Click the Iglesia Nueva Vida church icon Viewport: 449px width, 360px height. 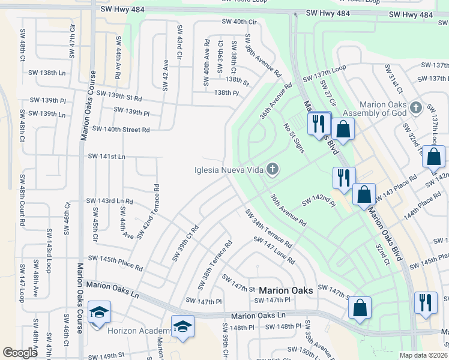pyautogui.click(x=273, y=169)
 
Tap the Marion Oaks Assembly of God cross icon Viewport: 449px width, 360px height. pyautogui.click(x=416, y=109)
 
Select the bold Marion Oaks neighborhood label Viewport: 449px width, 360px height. pyautogui.click(x=286, y=290)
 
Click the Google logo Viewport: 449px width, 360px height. pyautogui.click(x=20, y=353)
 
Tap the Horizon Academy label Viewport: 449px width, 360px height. pyautogui.click(x=138, y=331)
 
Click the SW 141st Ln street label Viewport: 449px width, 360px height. pyautogui.click(x=107, y=157)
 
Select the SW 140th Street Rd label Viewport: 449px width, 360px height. pyautogui.click(x=121, y=129)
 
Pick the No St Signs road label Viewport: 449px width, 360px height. pyautogui.click(x=294, y=138)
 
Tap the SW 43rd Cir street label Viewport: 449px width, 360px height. pyautogui.click(x=179, y=42)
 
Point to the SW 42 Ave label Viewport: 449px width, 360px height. pyautogui.click(x=166, y=75)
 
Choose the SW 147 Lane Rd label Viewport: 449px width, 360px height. pyautogui.click(x=274, y=251)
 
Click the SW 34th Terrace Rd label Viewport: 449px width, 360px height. pyautogui.click(x=268, y=229)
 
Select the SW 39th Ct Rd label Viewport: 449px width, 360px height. pyautogui.click(x=185, y=243)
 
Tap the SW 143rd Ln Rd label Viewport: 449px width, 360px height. pyautogui.click(x=109, y=201)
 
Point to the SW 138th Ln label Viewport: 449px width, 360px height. pyautogui.click(x=47, y=73)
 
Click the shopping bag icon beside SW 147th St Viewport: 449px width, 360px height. pyautogui.click(x=360, y=308)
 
